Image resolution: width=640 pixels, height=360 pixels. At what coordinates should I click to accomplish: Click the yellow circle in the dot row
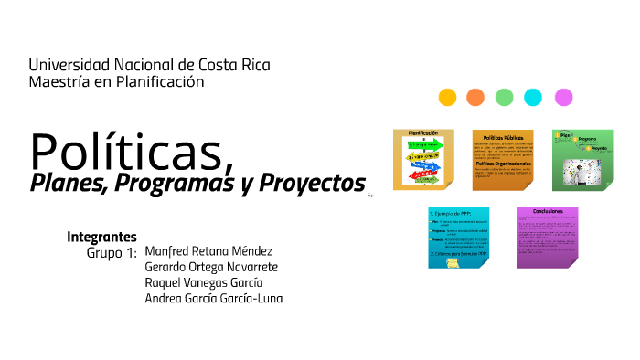pos(447,97)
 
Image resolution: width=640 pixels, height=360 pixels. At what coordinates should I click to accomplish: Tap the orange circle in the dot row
pos(475,97)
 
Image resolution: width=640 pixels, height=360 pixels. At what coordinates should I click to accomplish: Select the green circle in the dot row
pos(505,97)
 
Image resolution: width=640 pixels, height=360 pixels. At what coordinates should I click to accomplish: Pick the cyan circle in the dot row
pos(533,97)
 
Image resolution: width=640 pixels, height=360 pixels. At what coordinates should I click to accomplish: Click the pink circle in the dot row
pos(563,97)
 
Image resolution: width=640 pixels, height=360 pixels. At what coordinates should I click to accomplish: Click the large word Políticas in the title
pos(128,150)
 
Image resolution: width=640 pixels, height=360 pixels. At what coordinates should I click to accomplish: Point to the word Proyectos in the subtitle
pos(310,183)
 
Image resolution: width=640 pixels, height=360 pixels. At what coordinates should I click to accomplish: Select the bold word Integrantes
pos(101,236)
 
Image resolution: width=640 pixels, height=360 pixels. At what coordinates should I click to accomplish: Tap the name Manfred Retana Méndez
pos(208,251)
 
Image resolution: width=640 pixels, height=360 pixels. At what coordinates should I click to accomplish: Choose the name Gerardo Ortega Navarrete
pos(211,267)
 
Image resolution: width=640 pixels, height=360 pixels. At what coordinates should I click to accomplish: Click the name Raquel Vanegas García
pos(204,282)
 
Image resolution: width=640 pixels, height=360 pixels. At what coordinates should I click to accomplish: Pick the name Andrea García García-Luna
pos(214,299)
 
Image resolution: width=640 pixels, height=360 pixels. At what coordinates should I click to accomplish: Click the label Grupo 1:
pos(112,252)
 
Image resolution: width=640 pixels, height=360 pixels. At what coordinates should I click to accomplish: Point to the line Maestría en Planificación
pos(116,82)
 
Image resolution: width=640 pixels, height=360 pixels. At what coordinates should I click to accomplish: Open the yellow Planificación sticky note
pos(423,159)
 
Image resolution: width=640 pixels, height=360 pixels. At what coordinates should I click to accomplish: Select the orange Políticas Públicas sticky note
pos(503,159)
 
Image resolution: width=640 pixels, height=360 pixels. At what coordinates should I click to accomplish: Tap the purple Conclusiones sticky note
pos(548,238)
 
